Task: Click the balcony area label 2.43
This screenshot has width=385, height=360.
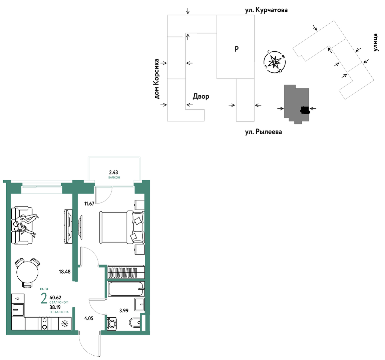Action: tap(113, 172)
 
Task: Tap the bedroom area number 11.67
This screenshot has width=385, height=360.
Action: tap(89, 204)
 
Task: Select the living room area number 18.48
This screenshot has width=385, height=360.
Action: tap(65, 272)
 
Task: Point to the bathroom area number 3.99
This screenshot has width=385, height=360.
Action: tap(124, 310)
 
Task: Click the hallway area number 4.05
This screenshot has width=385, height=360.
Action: tap(89, 319)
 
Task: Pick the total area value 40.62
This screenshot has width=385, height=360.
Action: tap(55, 298)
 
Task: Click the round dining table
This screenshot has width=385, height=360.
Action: tap(27, 272)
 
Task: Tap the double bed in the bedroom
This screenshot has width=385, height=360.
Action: tap(122, 227)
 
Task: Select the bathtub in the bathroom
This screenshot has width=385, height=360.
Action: tap(126, 289)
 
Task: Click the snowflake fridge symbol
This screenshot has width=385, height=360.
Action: tap(65, 324)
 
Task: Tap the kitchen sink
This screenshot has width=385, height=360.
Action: tap(18, 310)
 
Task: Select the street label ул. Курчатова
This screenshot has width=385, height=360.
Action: tap(267, 10)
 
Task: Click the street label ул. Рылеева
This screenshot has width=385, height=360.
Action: tap(264, 132)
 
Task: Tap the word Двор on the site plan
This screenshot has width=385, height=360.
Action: tap(201, 96)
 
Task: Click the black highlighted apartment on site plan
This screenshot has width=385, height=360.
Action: tap(305, 110)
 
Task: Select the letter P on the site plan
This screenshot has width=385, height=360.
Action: tap(237, 49)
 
